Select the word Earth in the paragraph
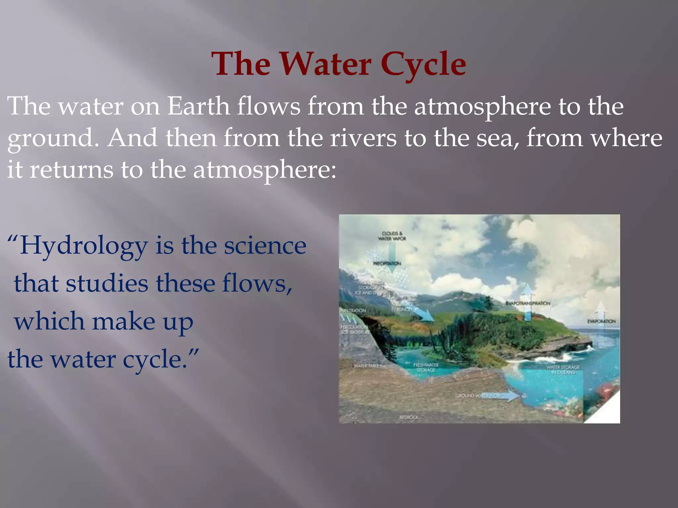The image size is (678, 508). (198, 106)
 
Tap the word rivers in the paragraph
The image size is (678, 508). (363, 138)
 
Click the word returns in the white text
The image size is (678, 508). (71, 170)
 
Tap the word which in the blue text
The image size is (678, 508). (49, 321)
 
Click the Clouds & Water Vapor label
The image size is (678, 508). (392, 236)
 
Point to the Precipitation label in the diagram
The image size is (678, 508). (387, 263)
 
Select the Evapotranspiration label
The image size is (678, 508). (528, 303)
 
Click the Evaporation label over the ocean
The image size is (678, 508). (601, 321)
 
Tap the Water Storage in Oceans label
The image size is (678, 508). (563, 370)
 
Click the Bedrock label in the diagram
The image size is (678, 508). (409, 417)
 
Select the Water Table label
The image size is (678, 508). (366, 366)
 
